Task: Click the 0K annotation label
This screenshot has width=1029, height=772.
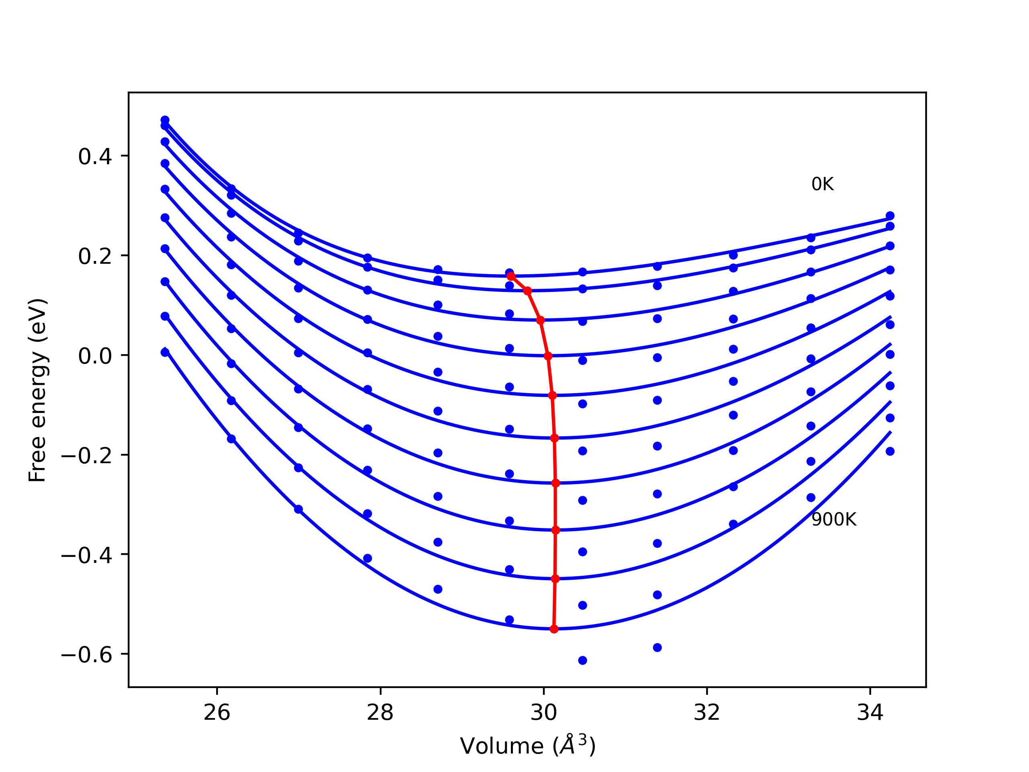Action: point(822,184)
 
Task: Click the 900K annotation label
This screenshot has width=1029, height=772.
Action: point(834,519)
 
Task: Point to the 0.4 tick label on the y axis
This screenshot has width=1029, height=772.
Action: point(95,157)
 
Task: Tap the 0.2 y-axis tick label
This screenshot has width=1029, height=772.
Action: point(95,257)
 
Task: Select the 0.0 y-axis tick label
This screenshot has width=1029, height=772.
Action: point(95,357)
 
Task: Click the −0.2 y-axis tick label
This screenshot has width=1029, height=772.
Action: point(86,456)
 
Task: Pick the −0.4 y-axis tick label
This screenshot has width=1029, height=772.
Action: point(86,556)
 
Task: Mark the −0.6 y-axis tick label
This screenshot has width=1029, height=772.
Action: point(86,655)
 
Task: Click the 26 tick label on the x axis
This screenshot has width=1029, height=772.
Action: point(217,713)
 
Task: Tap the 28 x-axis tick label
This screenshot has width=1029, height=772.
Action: point(380,713)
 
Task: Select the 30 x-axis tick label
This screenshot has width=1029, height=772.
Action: point(543,713)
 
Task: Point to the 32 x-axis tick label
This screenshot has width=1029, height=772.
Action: point(707,713)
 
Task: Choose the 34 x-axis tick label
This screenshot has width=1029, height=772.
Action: point(870,713)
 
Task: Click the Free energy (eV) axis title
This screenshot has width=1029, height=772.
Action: point(37,390)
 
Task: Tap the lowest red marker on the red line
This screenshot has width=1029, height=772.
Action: point(554,629)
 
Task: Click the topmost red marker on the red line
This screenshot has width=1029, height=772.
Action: point(511,276)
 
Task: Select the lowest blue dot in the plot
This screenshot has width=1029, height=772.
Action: point(582,660)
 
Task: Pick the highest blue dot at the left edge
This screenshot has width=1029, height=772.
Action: point(165,120)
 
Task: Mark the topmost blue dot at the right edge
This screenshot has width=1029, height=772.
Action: point(890,216)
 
